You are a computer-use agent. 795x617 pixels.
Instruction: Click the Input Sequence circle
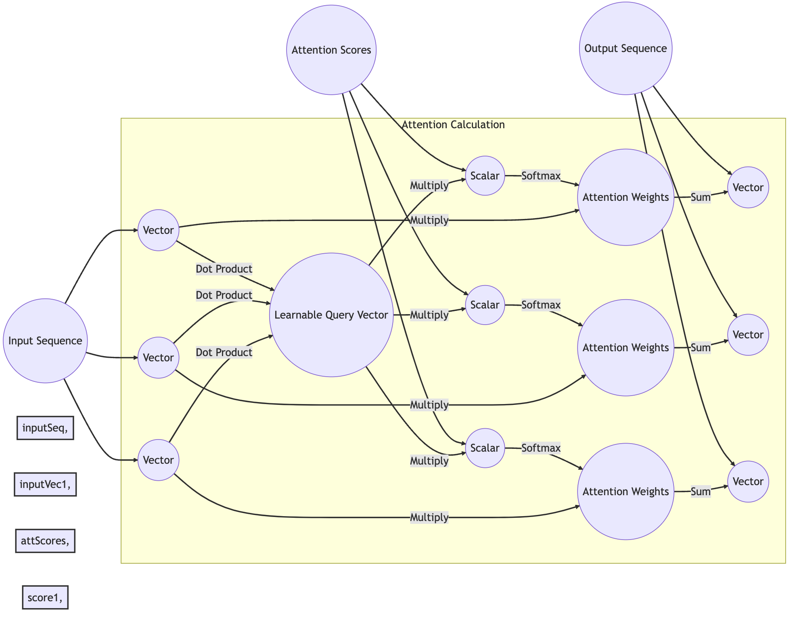pos(45,341)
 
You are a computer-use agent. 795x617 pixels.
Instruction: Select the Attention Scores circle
pos(331,50)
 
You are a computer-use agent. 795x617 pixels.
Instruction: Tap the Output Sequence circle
pos(626,48)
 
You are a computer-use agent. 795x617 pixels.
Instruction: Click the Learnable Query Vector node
pos(331,315)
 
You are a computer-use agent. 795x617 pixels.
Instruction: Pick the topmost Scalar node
pos(485,176)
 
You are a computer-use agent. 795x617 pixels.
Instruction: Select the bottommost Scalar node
pos(485,448)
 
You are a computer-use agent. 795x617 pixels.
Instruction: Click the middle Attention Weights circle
pos(626,348)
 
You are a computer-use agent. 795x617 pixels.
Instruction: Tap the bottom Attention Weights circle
pos(626,492)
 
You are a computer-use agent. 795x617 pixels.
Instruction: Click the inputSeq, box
pos(45,428)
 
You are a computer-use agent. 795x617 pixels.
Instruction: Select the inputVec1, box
pos(45,484)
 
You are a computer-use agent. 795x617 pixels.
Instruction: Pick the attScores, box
pos(45,541)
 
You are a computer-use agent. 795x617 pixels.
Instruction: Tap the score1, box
pos(45,597)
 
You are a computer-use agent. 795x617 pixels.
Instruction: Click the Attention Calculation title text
pos(453,125)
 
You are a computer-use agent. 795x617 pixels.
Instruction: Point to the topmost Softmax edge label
pos(541,176)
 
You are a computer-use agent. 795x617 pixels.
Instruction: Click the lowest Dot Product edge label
pos(224,352)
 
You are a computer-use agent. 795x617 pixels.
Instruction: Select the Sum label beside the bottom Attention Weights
pos(701,492)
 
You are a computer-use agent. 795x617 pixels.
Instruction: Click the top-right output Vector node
pos(748,188)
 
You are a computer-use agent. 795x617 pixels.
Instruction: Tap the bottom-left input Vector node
pos(159,460)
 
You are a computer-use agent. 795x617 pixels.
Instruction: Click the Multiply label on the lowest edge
pos(429,517)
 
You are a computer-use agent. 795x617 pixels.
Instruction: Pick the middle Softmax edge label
pos(541,305)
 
